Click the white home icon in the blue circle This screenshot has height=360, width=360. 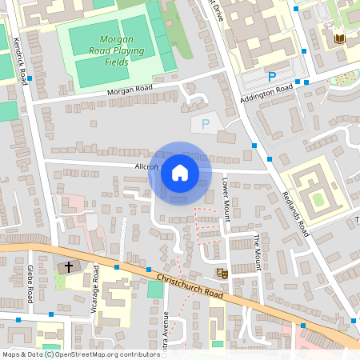(180, 172)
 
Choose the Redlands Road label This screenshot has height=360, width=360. (295, 214)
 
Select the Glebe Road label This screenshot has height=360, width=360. (30, 284)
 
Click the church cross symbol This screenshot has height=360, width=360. (68, 266)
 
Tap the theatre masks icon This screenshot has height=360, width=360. (222, 274)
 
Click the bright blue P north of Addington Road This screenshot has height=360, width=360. (271, 77)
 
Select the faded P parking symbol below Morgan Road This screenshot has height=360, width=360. (205, 124)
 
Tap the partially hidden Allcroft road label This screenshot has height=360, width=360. (147, 166)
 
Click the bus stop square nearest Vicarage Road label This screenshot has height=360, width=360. (117, 267)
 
